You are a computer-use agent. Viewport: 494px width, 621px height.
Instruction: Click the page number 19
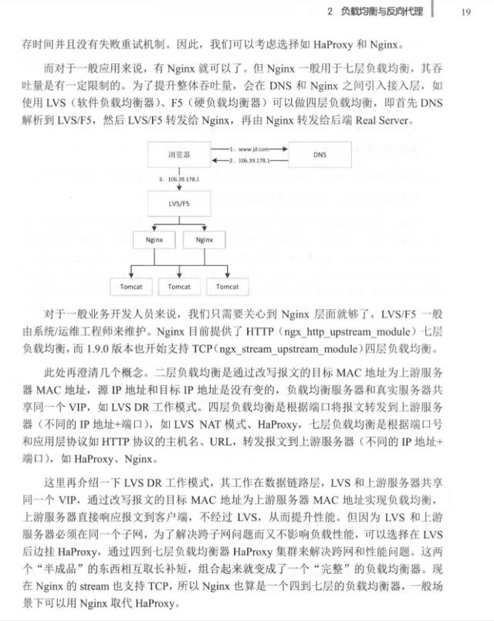pos(465,11)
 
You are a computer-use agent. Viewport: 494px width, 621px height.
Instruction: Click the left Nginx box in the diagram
pos(154,239)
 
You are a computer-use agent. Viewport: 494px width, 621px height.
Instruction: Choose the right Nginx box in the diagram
pos(204,239)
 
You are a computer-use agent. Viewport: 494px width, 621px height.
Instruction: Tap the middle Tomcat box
pos(179,287)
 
